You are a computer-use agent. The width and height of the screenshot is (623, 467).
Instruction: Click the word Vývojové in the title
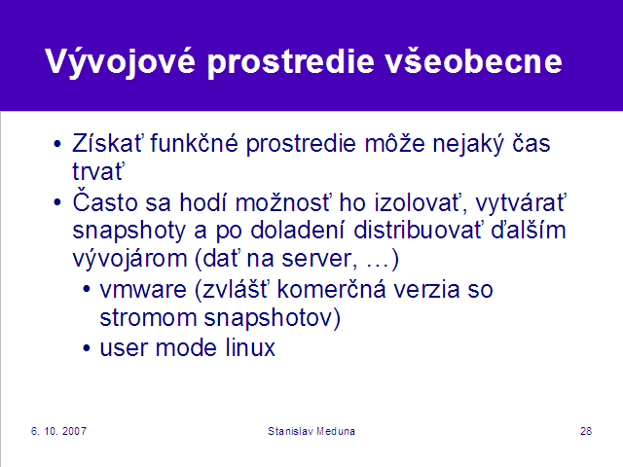121,61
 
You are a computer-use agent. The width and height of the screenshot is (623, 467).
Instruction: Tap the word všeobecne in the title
474,60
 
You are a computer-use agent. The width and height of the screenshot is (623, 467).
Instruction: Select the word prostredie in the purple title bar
291,61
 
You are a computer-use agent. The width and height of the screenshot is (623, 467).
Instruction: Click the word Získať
107,143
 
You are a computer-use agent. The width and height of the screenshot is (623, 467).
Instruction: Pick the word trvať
98,171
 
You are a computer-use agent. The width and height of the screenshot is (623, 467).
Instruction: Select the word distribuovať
418,230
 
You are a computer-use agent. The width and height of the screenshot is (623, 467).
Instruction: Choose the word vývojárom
129,259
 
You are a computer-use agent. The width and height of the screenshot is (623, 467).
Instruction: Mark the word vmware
143,289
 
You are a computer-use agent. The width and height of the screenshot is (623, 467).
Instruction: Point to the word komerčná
331,289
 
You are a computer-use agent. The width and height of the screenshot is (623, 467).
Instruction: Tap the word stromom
148,318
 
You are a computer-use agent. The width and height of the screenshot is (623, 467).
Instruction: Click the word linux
250,347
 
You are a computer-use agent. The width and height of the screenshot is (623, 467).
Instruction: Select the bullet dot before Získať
57,144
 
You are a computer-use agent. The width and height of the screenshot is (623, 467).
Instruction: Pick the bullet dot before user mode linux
87,348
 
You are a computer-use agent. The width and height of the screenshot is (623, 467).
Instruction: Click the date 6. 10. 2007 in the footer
58,431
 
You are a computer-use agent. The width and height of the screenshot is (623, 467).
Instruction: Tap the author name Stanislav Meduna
311,431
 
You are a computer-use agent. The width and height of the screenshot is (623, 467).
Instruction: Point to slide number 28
586,431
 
